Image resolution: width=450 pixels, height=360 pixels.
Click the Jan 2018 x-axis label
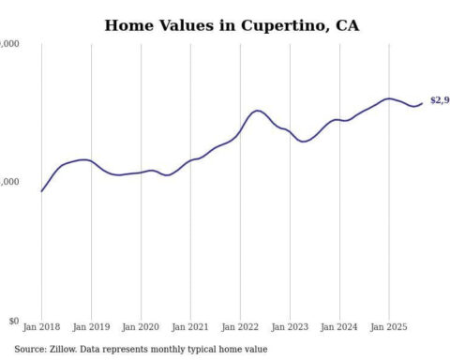point(41,328)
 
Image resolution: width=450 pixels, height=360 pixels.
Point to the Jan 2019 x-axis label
point(91,328)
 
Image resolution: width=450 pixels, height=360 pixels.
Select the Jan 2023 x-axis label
point(290,328)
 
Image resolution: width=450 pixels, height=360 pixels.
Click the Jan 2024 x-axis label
point(339,328)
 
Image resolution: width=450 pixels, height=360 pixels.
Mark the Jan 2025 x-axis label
point(389,328)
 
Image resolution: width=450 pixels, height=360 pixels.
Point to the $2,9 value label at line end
point(439,100)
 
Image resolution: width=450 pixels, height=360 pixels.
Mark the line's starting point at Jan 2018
point(42,191)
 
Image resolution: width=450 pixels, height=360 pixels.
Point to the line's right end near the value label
point(421,103)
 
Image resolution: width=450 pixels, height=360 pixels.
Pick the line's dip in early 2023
point(303,142)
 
